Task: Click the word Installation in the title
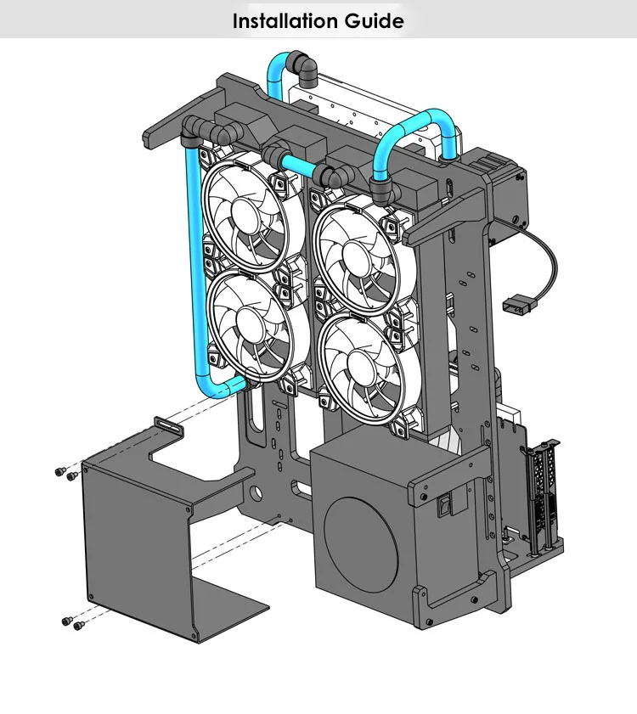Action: click(285, 21)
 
